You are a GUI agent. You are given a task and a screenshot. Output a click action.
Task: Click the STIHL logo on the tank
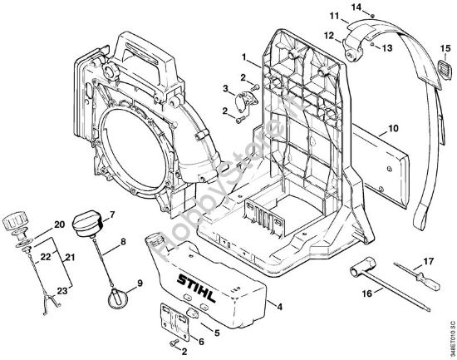click(x=199, y=285)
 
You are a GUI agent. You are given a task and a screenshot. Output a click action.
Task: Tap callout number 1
click(x=243, y=57)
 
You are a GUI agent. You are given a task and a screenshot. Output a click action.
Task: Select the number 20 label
click(x=59, y=224)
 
